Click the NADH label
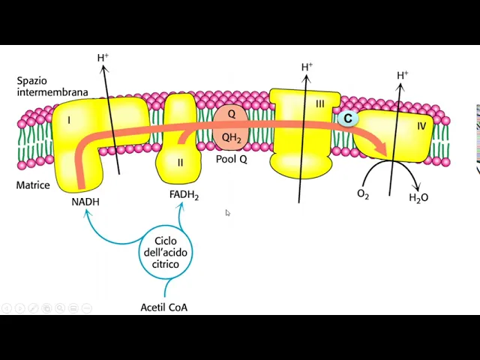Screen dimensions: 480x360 click(x=85, y=202)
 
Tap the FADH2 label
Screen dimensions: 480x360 click(x=184, y=196)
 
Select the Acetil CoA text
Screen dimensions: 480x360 click(x=164, y=307)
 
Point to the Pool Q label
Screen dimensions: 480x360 click(x=232, y=160)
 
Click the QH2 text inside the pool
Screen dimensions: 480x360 click(x=231, y=137)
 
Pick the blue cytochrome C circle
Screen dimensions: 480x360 click(x=347, y=118)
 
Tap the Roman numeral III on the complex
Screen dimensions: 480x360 click(x=319, y=104)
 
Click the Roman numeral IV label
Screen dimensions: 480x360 click(x=421, y=126)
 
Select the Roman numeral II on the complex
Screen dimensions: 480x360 click(x=180, y=163)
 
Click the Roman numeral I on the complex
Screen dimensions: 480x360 click(x=69, y=120)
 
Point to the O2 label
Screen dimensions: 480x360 click(x=363, y=194)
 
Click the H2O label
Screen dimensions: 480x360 click(x=418, y=198)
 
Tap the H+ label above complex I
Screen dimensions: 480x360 click(x=103, y=58)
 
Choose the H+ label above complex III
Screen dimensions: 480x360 click(x=307, y=67)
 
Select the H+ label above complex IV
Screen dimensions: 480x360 click(x=402, y=75)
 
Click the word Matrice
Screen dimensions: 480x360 click(x=33, y=184)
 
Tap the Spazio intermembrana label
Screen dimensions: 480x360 click(x=52, y=86)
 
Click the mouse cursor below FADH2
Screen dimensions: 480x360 click(x=228, y=214)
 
